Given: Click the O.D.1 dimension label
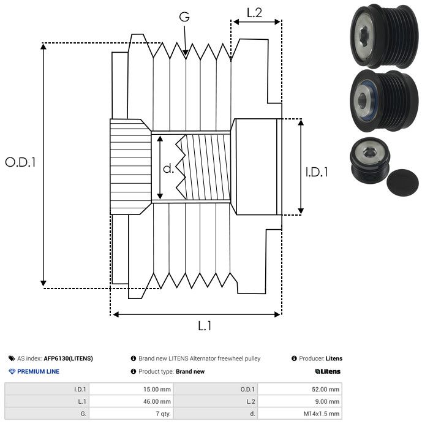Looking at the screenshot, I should click(x=21, y=163).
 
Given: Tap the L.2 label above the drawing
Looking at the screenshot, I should click(x=254, y=12).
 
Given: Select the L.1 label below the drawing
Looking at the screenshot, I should click(x=205, y=326).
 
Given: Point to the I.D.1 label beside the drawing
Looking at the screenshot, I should click(x=317, y=172).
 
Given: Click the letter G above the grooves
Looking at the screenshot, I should click(x=184, y=17).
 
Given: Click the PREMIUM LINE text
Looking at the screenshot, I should click(x=38, y=371).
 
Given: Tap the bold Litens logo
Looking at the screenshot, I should click(x=328, y=371).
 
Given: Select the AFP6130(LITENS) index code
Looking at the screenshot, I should click(x=68, y=358).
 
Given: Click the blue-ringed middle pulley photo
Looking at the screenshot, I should click(x=380, y=101).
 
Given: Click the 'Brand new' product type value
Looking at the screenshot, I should click(x=190, y=371).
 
